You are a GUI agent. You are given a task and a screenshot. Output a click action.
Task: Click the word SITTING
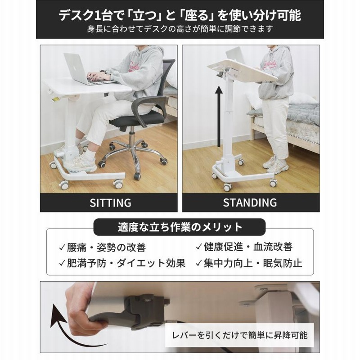tap(110, 202)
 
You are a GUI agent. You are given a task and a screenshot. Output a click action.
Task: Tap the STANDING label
tap(250, 202)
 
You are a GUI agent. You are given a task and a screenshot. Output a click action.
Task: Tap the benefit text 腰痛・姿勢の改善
tap(108, 247)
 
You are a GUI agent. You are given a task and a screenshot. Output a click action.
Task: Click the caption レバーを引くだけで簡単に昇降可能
tap(243, 335)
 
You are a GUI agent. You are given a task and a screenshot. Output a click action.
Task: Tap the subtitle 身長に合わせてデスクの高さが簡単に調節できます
tap(180, 30)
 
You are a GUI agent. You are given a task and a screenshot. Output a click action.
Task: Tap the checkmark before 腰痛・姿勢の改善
tap(61, 247)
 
